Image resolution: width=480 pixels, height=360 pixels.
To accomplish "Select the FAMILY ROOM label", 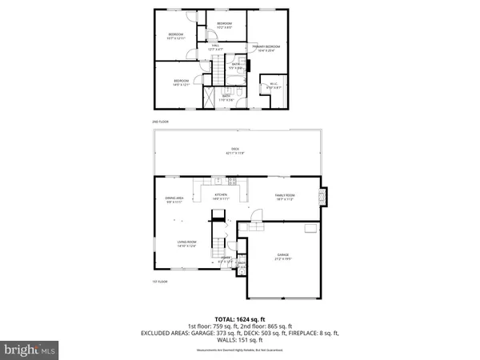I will tap(286, 197).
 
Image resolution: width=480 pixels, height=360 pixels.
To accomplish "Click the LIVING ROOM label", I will tap(187, 245).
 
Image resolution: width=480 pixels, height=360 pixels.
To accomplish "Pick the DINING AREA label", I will tap(175, 200).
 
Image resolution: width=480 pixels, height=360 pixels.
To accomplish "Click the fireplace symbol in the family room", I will tap(322, 197).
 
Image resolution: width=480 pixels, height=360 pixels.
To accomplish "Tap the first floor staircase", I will tap(218, 240).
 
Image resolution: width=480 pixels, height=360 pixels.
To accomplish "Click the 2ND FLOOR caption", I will tap(161, 122).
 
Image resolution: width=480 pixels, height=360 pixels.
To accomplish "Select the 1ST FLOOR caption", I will tap(160, 282).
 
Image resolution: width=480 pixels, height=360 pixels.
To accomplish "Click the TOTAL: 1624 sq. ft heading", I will tap(240, 318).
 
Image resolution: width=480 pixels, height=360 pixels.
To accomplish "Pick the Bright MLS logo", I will tap(30, 350).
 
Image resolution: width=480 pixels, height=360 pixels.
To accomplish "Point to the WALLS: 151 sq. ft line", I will tap(240, 339).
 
